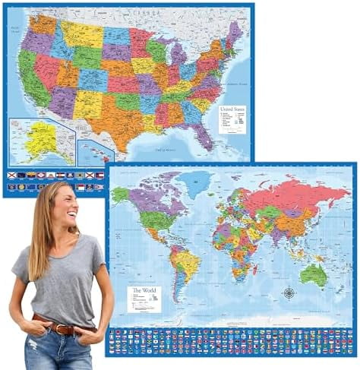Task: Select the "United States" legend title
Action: point(232,111)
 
